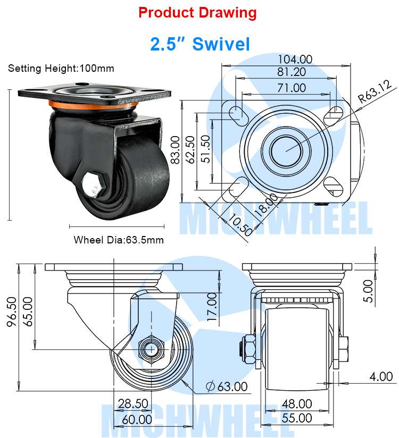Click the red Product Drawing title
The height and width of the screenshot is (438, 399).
197,13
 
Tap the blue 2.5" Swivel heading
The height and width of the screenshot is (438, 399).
200,44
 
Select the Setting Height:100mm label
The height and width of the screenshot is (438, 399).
61,68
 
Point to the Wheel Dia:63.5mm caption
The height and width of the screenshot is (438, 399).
119,240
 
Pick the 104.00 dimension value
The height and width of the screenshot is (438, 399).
295,59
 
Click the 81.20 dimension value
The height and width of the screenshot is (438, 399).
292,72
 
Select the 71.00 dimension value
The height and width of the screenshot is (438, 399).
292,88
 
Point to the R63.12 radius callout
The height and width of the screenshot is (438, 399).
375,91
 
